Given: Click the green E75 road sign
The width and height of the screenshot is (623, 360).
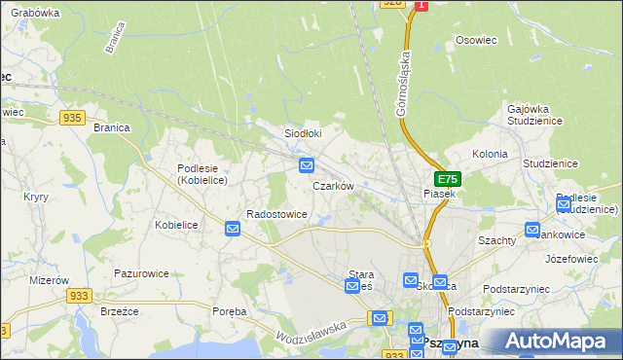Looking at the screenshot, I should pos(447,180).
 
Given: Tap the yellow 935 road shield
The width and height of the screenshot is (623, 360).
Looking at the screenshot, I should pos(71,117).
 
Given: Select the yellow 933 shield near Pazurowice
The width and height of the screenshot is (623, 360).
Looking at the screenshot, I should pos(80,295).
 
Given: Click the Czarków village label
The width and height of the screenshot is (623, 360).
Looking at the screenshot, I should pos(331,185).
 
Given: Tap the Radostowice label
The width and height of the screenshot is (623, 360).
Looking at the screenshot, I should pos(277,214).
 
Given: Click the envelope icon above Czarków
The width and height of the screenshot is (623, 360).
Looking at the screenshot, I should pos(307,165).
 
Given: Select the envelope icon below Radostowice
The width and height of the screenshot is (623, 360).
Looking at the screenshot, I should pos(233,229).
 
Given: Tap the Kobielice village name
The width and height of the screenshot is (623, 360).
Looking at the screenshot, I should pos(176,225).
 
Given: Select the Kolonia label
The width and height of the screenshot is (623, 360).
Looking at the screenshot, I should pos(490,154).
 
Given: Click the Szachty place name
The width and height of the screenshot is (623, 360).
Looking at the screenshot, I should pos(496,239).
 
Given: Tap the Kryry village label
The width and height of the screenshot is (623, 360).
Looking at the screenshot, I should pos(36,197).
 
